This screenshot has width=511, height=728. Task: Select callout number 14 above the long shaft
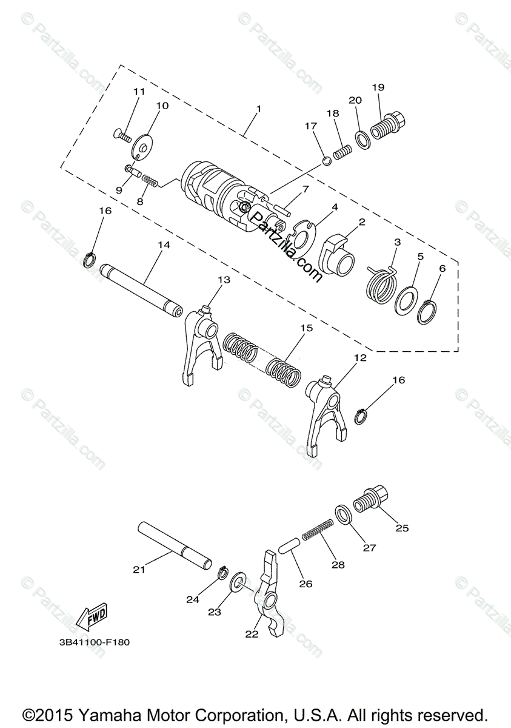pyautogui.click(x=163, y=245)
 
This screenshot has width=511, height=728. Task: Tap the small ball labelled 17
pyautogui.click(x=326, y=160)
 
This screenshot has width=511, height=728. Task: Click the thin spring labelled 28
pyautogui.click(x=318, y=530)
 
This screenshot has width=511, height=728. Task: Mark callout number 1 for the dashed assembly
pyautogui.click(x=258, y=109)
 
